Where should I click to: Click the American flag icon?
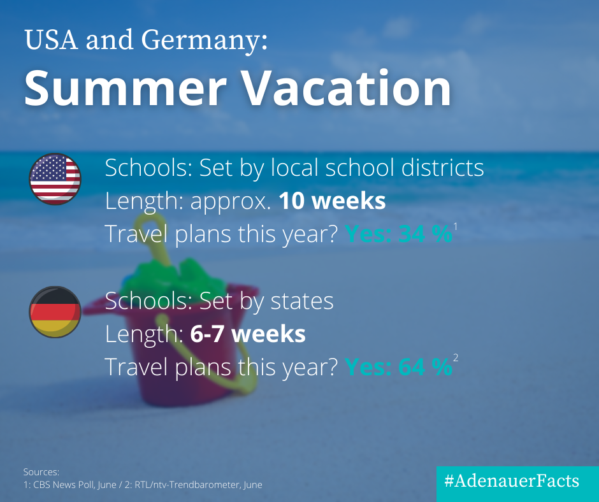point(55,179)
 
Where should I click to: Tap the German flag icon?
point(55,312)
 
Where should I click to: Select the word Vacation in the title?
point(347,88)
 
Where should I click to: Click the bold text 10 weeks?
point(332,201)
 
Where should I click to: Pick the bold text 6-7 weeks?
point(247,334)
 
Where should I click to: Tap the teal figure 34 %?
point(425,233)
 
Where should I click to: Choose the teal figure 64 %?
point(425,366)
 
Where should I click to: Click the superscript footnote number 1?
point(456,227)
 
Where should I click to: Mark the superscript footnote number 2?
point(456,358)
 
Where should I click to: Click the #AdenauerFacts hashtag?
point(512,480)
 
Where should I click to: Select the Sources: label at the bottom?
point(41,472)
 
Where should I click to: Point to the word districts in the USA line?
point(442,168)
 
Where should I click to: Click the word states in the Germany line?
point(302,301)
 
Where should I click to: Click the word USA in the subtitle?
point(51,39)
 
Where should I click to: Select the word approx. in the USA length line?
point(230,201)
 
